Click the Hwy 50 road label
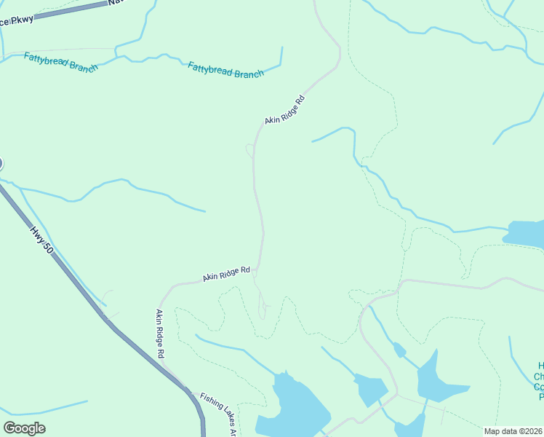point(42,239)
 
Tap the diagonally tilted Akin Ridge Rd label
point(284,109)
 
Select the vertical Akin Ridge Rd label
point(160,333)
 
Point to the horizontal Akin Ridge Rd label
point(226,274)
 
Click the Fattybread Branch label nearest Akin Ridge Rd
point(225,70)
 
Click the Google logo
point(24,428)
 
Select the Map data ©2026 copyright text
point(513,431)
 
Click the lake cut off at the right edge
point(525,234)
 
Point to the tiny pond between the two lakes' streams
point(399,350)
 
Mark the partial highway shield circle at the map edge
point(1,165)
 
